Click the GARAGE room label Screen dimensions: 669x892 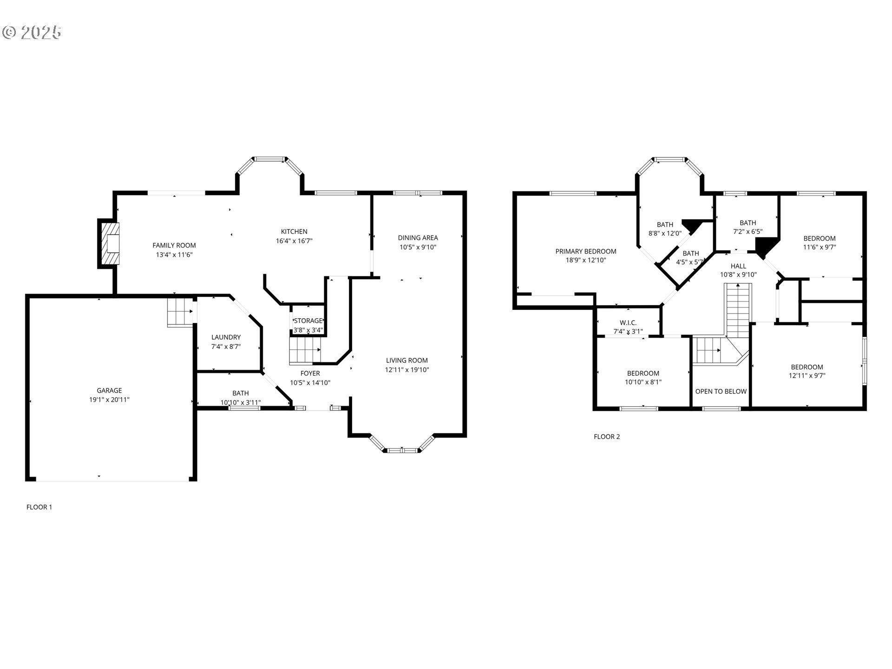coord(109,390)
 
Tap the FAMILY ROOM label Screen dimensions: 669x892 coord(174,245)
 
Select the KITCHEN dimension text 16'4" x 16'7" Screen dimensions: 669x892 coord(294,241)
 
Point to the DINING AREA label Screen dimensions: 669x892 coord(418,238)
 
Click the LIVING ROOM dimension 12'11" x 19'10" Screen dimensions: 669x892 coord(407,370)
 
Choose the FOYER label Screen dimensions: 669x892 coord(310,373)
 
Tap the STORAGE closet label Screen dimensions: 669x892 coord(308,321)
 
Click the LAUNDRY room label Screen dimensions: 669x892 coord(226,337)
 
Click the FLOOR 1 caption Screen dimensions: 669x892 coord(39,507)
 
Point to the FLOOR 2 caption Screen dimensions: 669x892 coord(607,437)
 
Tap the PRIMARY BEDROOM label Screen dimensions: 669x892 coord(585,251)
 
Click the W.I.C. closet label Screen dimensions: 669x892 coord(628,323)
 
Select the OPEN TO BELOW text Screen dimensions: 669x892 coord(721,391)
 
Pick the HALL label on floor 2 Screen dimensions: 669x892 coord(738,266)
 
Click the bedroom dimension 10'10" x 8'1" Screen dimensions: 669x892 coord(643,382)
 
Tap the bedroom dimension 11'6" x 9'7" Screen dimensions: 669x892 coord(820,247)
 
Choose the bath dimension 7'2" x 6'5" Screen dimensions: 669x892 coord(748,231)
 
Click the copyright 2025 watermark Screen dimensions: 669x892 coord(32,32)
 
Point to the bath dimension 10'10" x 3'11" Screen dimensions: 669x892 coord(240,402)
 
